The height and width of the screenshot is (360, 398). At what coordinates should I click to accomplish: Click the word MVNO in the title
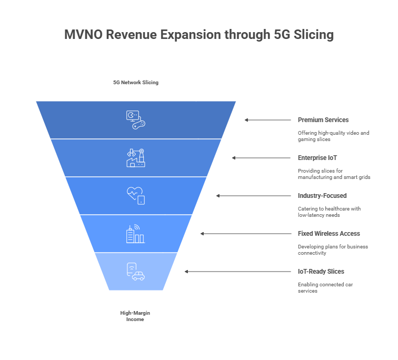point(83,35)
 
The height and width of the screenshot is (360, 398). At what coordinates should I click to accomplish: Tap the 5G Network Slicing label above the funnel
point(136,83)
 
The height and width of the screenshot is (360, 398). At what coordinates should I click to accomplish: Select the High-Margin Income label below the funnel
point(135,316)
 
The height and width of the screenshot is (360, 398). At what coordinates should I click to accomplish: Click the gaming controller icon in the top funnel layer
point(136,120)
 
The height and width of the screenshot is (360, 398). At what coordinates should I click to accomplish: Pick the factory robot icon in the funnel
point(136,158)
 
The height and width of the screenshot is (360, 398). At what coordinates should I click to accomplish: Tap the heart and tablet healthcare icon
point(136,196)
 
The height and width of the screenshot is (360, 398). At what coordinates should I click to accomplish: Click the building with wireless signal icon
point(135,234)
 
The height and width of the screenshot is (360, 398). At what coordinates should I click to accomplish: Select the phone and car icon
point(135,272)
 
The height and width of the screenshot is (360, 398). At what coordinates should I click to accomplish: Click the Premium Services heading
point(323,120)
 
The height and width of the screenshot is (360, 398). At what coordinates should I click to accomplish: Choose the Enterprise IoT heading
point(317,158)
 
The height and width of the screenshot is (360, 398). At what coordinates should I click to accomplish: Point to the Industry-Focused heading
point(322,196)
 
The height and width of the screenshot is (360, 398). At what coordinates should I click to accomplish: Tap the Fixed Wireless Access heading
point(329,233)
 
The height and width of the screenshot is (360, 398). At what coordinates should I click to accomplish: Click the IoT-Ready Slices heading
point(321,272)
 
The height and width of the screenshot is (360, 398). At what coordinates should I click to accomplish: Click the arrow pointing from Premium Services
point(268,120)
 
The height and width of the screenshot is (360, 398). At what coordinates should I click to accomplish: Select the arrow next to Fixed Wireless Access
point(246,234)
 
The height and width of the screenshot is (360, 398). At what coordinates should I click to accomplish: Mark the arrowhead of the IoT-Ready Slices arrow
point(186,272)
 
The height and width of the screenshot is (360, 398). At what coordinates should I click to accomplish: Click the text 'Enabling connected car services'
point(325,288)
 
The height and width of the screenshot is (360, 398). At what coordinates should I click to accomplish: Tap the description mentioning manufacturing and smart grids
point(334,174)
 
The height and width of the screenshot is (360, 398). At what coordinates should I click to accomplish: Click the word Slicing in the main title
point(314,35)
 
